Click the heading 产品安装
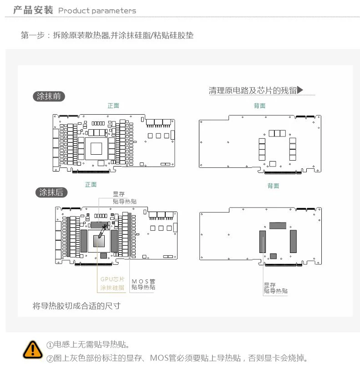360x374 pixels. coord(33,10)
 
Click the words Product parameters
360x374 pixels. coord(97,10)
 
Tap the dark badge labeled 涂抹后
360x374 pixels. coord(51,192)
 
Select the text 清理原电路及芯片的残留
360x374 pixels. coord(252,90)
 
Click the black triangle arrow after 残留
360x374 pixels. coord(300,90)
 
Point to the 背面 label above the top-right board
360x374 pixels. coord(259,106)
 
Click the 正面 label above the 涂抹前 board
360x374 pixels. coord(113,106)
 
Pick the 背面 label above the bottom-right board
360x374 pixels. coord(273,186)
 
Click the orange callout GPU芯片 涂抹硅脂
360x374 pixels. coord(112,283)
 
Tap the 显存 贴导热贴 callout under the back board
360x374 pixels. coord(275,288)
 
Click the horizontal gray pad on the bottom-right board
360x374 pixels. coord(278,225)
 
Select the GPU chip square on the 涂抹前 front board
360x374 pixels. coord(97,149)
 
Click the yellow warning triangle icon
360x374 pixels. coord(32,349)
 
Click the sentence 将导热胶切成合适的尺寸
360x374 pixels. coord(76,305)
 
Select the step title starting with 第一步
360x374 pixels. coord(107,35)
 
